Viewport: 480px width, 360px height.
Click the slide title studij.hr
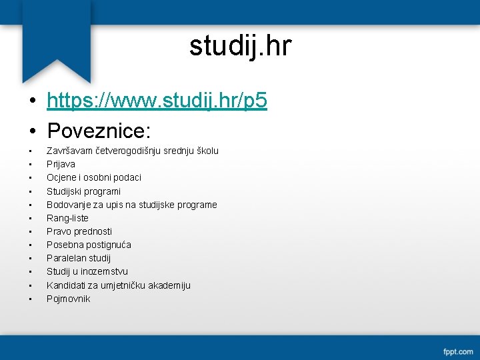pyautogui.click(x=240, y=46)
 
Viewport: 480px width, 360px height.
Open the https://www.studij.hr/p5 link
pyautogui.click(x=157, y=101)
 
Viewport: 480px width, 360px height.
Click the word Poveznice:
pyautogui.click(x=99, y=128)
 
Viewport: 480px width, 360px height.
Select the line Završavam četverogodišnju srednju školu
pyautogui.click(x=132, y=151)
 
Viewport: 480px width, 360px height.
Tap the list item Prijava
pyautogui.click(x=61, y=164)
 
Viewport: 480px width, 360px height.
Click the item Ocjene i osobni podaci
pyautogui.click(x=93, y=177)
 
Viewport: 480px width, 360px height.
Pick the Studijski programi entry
pyautogui.click(x=83, y=191)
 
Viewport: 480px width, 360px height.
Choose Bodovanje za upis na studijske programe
pyautogui.click(x=131, y=205)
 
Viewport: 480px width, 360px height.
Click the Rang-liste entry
pyautogui.click(x=67, y=218)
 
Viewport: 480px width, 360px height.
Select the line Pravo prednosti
pyautogui.click(x=79, y=231)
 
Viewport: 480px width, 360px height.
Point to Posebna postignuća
pyautogui.click(x=89, y=245)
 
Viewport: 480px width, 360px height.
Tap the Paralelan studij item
pyautogui.click(x=79, y=258)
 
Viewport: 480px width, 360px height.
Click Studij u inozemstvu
pyautogui.click(x=87, y=271)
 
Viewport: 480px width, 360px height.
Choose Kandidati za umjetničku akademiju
pyautogui.click(x=118, y=285)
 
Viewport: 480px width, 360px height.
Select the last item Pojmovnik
pyautogui.click(x=68, y=299)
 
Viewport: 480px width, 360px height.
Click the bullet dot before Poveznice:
pyautogui.click(x=32, y=129)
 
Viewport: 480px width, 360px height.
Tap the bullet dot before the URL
pyautogui.click(x=32, y=101)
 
